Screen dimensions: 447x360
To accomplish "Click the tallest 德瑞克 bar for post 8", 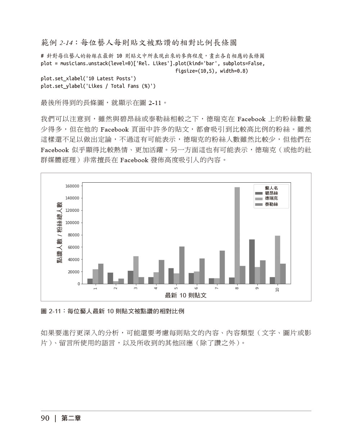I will click(x=237, y=236).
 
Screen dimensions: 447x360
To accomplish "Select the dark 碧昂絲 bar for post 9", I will click(x=252, y=262).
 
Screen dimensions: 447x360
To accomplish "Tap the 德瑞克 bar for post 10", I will click(x=278, y=260).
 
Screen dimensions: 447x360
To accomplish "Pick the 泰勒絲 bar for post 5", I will click(x=182, y=265).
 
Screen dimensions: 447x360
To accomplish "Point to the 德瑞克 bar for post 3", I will click(x=136, y=270).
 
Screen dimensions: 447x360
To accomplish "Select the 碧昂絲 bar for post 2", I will click(x=110, y=278).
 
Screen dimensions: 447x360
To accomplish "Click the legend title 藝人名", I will click(x=271, y=188).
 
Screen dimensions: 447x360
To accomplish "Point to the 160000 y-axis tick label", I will click(x=72, y=186).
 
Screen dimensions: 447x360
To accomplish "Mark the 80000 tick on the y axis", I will click(x=73, y=235).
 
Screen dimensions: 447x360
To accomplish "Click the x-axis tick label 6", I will click(x=196, y=288).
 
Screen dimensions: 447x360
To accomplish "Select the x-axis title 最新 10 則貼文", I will click(x=186, y=296).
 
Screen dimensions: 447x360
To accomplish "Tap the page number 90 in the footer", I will click(x=45, y=418).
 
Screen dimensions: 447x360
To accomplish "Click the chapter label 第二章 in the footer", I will click(x=71, y=418).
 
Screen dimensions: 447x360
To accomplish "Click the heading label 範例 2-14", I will click(x=58, y=43).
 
